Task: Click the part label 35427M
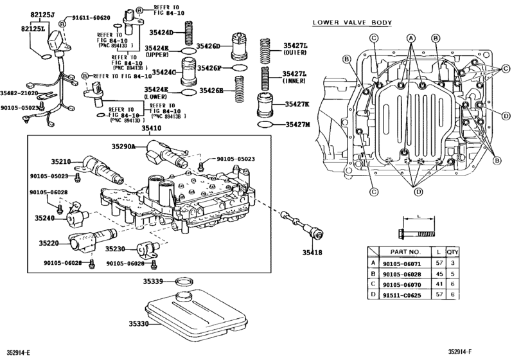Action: pyautogui.click(x=297, y=124)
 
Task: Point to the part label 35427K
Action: pyautogui.click(x=297, y=104)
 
